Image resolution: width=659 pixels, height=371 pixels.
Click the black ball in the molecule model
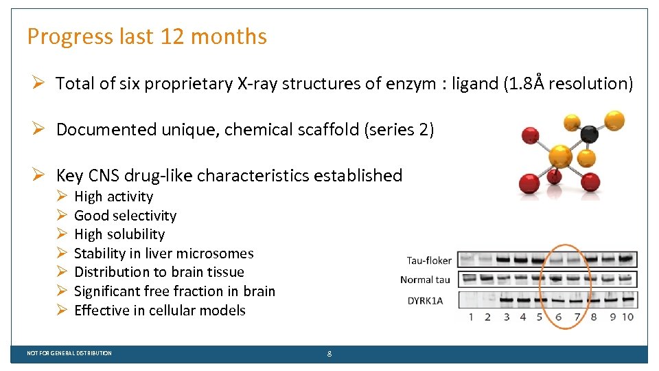[x=588, y=134]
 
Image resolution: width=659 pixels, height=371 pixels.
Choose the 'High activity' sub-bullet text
[x=113, y=196]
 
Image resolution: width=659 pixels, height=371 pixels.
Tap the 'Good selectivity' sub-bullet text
[x=125, y=216]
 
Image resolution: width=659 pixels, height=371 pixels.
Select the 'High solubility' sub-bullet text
[x=119, y=234]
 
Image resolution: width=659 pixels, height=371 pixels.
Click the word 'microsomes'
[x=217, y=254]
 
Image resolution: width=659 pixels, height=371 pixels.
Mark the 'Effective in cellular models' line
[x=159, y=311]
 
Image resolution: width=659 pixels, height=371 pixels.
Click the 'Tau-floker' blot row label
[x=429, y=260]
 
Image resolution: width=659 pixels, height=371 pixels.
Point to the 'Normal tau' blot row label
[x=426, y=280]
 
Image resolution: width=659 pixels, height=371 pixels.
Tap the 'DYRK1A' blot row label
[x=425, y=300]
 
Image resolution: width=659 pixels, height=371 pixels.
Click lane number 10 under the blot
[x=627, y=317]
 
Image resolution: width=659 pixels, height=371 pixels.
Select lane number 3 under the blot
[x=506, y=317]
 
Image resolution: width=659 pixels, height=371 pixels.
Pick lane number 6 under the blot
[x=558, y=317]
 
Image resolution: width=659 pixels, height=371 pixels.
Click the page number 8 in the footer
[x=329, y=353]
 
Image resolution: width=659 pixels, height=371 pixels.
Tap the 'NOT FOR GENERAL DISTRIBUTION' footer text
[x=69, y=353]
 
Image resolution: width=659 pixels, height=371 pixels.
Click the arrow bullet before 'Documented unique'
[x=40, y=129]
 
